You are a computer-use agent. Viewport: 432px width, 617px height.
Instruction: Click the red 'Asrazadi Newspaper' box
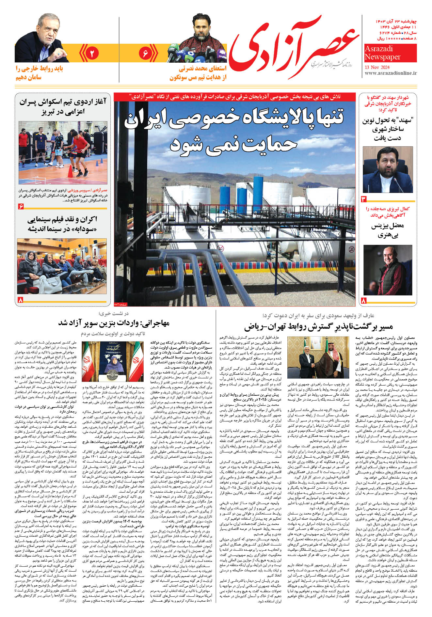pyautogui.click(x=390, y=53)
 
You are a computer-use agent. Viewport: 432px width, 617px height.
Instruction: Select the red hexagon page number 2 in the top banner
pyautogui.click(x=92, y=53)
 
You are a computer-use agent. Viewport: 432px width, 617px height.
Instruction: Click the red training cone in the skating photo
pyautogui.click(x=70, y=172)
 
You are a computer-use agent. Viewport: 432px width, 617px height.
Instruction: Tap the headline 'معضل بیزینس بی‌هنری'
pyautogui.click(x=387, y=230)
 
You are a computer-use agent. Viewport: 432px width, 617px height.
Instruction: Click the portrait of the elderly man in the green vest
pyautogui.click(x=388, y=270)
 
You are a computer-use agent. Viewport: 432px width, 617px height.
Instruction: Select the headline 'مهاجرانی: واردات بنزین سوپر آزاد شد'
pyautogui.click(x=114, y=323)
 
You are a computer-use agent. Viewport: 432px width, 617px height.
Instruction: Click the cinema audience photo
pyautogui.click(x=62, y=266)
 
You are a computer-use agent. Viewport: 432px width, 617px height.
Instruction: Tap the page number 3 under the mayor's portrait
pyautogui.click(x=364, y=199)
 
